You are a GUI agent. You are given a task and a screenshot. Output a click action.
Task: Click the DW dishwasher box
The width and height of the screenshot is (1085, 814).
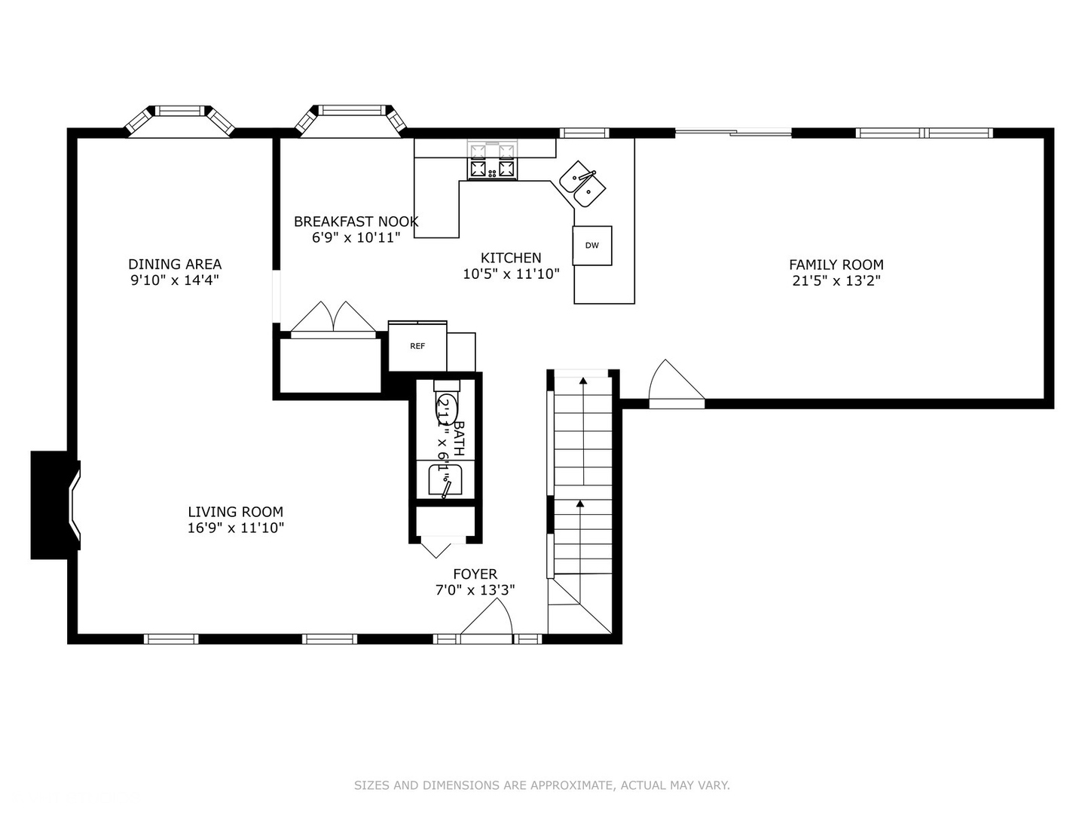tap(592, 246)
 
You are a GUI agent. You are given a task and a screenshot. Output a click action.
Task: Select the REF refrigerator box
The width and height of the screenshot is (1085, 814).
tap(417, 346)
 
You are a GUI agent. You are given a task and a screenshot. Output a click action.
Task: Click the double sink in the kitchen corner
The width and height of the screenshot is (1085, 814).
tap(582, 184)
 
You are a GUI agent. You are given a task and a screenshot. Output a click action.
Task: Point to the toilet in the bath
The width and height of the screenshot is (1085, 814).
tap(446, 407)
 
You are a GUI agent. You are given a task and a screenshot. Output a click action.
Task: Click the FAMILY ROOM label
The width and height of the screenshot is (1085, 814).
tap(836, 265)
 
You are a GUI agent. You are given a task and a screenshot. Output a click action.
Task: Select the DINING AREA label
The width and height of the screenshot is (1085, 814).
tap(175, 264)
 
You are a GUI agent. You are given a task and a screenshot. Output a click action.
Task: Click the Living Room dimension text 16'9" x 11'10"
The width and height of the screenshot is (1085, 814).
tap(236, 528)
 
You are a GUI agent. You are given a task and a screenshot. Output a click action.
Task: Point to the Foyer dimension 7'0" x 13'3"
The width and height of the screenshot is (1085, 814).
tap(475, 590)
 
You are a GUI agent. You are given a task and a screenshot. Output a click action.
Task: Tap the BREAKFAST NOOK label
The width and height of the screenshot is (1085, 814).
tap(356, 222)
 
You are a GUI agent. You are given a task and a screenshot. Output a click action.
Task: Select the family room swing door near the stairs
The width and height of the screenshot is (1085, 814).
tap(675, 384)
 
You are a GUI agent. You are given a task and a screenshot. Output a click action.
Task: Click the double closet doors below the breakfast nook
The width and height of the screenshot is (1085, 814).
tap(334, 319)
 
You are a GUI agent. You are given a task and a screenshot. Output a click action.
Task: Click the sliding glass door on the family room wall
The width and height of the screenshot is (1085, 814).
tap(733, 133)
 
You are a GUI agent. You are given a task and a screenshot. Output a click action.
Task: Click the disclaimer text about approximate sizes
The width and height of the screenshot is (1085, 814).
tap(542, 785)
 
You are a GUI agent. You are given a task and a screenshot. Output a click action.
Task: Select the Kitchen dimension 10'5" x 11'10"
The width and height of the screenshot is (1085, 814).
tap(511, 274)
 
